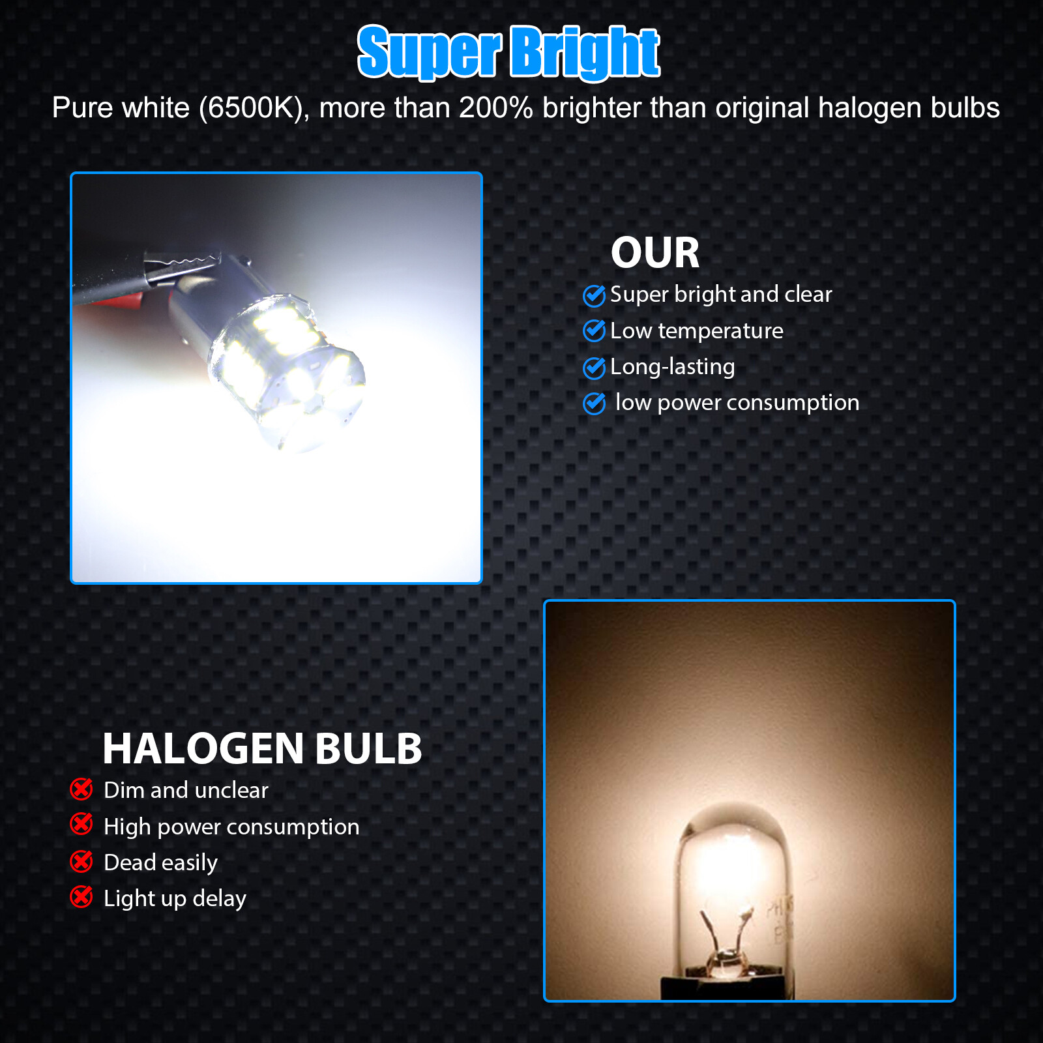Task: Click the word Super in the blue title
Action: (x=429, y=52)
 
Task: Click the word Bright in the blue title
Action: (x=584, y=52)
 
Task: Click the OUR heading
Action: (x=654, y=253)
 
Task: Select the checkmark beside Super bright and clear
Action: (x=594, y=295)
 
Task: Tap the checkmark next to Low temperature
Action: (x=594, y=331)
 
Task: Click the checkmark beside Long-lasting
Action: (x=594, y=368)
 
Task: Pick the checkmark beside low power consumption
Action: (x=594, y=404)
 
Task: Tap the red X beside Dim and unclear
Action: (x=81, y=789)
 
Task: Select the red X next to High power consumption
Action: (x=81, y=825)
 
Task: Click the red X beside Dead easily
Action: (x=81, y=862)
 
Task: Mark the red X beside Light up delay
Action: (x=81, y=897)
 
